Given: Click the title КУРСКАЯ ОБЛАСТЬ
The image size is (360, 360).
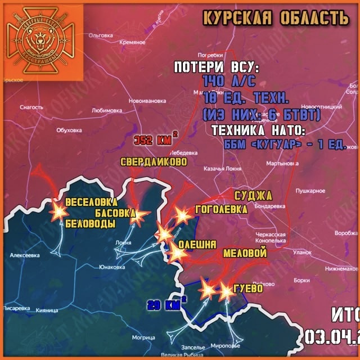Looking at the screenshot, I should pyautogui.click(x=275, y=18).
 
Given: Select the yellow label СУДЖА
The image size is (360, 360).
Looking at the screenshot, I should pyautogui.click(x=253, y=196).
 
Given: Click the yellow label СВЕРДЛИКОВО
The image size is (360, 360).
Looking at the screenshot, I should pyautogui.click(x=154, y=162).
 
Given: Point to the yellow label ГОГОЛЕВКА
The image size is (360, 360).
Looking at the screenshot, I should pyautogui.click(x=220, y=209).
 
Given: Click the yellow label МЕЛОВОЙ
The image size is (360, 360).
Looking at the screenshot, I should pyautogui.click(x=245, y=253).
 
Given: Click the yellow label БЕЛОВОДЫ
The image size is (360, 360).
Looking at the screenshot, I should pyautogui.click(x=91, y=223).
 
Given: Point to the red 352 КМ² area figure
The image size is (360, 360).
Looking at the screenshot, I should pyautogui.click(x=156, y=139).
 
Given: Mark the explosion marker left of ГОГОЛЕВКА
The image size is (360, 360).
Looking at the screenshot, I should pyautogui.click(x=182, y=215).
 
